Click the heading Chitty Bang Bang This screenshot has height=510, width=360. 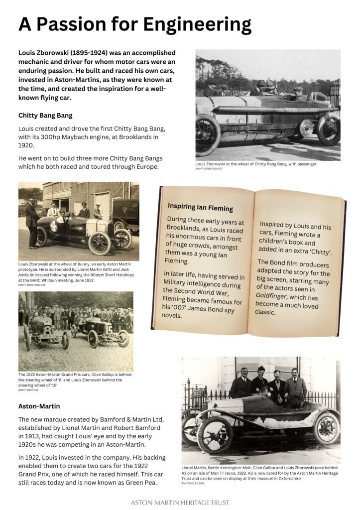45,115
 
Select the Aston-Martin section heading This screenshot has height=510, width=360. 39,406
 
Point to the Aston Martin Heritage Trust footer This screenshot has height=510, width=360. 180,503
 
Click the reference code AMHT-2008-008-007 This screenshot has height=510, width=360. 209,169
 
